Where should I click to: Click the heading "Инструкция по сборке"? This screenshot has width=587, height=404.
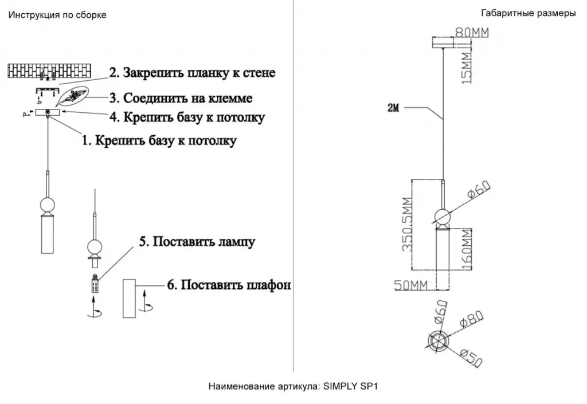(57, 15)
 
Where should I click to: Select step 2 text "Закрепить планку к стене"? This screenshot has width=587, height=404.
(192, 73)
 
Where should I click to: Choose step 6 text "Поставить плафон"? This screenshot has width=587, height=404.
(228, 285)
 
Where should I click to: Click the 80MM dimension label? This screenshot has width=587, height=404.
(472, 33)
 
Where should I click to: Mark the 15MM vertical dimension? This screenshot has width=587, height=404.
(467, 65)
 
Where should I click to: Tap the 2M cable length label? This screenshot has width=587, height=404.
(393, 108)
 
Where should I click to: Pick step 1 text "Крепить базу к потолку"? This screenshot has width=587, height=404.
(159, 141)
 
